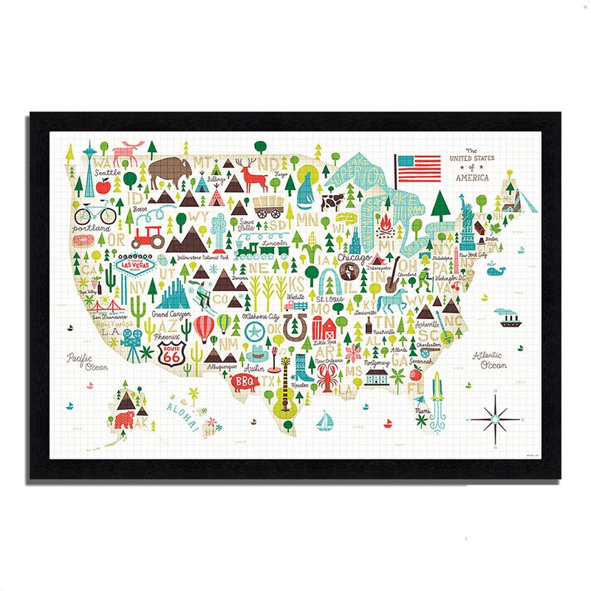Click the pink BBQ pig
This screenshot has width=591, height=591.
tap(244, 383)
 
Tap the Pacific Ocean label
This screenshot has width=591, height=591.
tap(88, 362)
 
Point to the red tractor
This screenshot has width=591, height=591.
tap(148, 236)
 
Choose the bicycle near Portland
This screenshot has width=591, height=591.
tap(96, 213)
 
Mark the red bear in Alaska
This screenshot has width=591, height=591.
tap(125, 420)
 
